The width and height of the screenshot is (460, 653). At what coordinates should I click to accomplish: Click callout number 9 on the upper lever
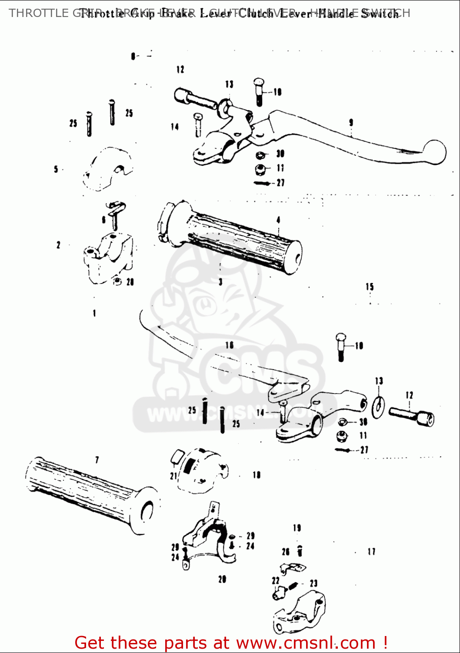coord(351,122)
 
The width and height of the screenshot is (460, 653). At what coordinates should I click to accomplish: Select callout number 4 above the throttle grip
coord(278,220)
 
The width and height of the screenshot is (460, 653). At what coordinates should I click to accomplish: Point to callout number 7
coord(97,460)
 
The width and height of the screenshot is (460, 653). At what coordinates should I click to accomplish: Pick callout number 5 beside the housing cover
coord(56,169)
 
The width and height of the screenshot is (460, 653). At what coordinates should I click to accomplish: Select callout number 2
coord(58,245)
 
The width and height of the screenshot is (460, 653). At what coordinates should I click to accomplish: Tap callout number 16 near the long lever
coord(229,345)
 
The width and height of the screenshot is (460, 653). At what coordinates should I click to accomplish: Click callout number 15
coord(370,286)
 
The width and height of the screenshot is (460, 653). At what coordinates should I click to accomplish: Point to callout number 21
coord(173,476)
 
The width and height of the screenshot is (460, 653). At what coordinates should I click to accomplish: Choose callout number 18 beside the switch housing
coord(257,475)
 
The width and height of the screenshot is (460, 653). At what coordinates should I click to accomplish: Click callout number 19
coord(297,528)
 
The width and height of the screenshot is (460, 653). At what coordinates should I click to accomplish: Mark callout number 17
coord(371,552)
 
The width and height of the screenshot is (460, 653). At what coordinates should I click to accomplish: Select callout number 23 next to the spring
coord(313,583)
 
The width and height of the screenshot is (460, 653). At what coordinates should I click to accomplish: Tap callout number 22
coord(276,580)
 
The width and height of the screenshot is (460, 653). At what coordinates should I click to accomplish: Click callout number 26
coord(286,552)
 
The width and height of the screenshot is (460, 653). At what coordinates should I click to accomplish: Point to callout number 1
coord(94,313)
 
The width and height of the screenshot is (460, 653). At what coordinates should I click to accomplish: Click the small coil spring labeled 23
coord(293,586)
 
